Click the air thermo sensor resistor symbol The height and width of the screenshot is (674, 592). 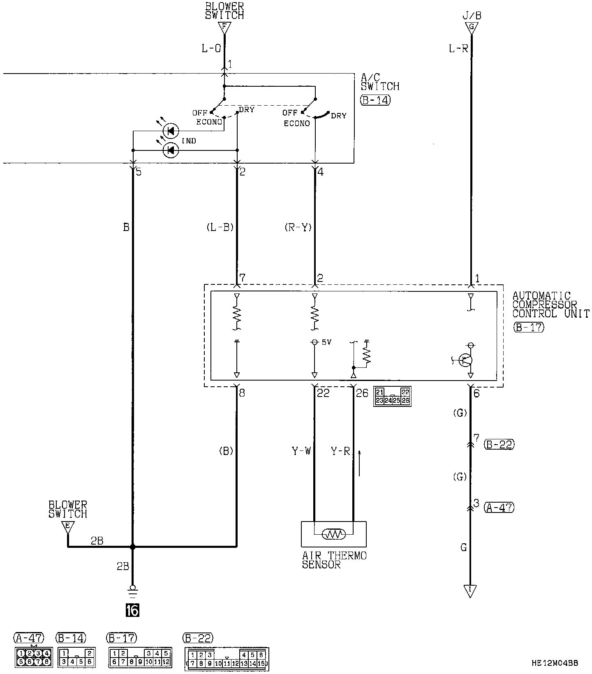tap(334, 534)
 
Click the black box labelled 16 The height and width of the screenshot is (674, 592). tap(132, 610)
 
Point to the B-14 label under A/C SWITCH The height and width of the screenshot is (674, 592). tap(375, 100)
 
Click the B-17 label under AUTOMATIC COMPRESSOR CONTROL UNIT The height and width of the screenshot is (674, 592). tap(528, 327)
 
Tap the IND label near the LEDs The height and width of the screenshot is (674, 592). tap(189, 141)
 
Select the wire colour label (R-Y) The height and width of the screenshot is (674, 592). tap(298, 227)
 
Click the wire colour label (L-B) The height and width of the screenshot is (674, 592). tap(220, 227)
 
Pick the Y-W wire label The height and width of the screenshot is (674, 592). tap(301, 451)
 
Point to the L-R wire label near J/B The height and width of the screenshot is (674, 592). tap(458, 49)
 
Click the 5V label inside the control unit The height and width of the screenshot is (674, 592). tap(326, 342)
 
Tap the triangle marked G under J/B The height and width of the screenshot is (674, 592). tap(472, 28)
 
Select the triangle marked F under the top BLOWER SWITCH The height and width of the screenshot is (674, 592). tap(224, 28)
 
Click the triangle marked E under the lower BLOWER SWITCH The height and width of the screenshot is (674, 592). tap(67, 527)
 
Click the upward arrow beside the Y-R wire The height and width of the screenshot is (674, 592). tap(359, 463)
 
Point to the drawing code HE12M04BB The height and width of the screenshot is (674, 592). tap(554, 663)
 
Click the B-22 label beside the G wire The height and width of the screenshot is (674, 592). tap(499, 444)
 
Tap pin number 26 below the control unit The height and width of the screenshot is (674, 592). tap(362, 393)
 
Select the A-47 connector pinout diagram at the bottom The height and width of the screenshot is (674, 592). tap(33, 657)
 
